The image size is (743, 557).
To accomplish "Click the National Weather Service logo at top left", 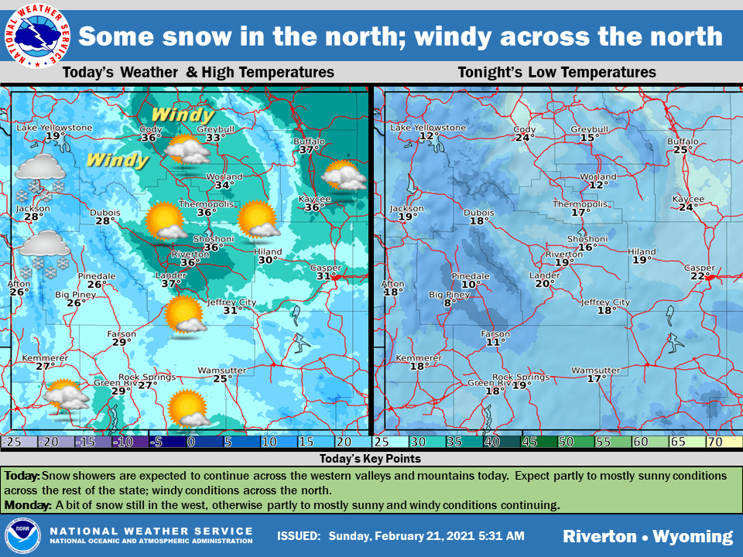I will tap(36, 36).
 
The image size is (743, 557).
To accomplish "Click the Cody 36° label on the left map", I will tap(151, 134).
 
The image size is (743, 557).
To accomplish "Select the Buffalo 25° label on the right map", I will tap(682, 145).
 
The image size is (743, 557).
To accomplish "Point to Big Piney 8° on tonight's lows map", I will tap(449, 299).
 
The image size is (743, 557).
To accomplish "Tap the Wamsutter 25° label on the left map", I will tap(222, 374).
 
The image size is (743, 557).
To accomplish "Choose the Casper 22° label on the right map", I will tap(700, 272).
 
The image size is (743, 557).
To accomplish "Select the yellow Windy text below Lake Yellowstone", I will tap(118, 160).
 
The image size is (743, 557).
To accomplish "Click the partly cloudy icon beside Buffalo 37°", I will tap(344, 175).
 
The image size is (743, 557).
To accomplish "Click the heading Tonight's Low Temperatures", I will tap(556, 73).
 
